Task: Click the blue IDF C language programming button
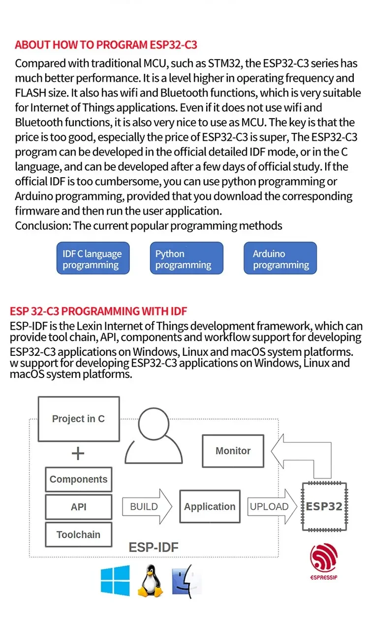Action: tap(93, 258)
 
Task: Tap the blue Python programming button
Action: tap(186, 258)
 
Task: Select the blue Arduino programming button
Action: tap(280, 258)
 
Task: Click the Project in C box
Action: tap(78, 419)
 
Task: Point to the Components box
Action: tap(78, 479)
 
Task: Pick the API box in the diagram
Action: tap(78, 507)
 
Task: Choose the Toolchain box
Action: tap(78, 534)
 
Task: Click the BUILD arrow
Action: tap(147, 506)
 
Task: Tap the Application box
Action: tap(210, 506)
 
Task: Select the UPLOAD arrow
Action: tap(272, 506)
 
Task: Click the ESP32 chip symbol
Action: tap(324, 506)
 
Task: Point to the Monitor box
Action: tap(233, 451)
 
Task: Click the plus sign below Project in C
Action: tap(78, 453)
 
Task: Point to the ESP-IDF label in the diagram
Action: tap(154, 547)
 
